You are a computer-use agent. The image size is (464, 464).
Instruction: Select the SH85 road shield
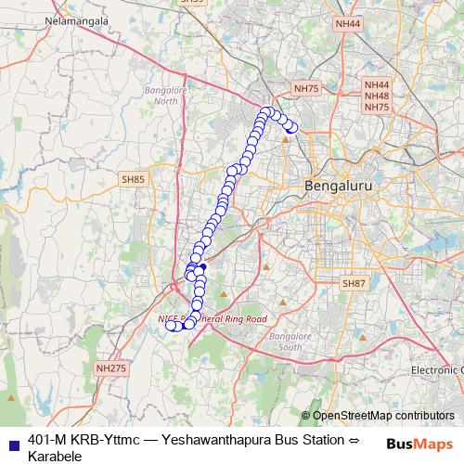click(x=134, y=179)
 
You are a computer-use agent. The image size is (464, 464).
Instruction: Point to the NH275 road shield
click(x=110, y=368)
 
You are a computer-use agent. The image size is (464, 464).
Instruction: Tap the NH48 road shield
click(x=377, y=96)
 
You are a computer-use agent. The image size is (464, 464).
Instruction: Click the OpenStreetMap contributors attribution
click(x=383, y=416)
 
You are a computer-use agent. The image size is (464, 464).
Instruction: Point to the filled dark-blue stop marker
click(x=202, y=267)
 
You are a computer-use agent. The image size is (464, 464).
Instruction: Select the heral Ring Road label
click(x=232, y=318)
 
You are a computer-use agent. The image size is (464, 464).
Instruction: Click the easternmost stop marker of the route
click(x=292, y=128)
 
